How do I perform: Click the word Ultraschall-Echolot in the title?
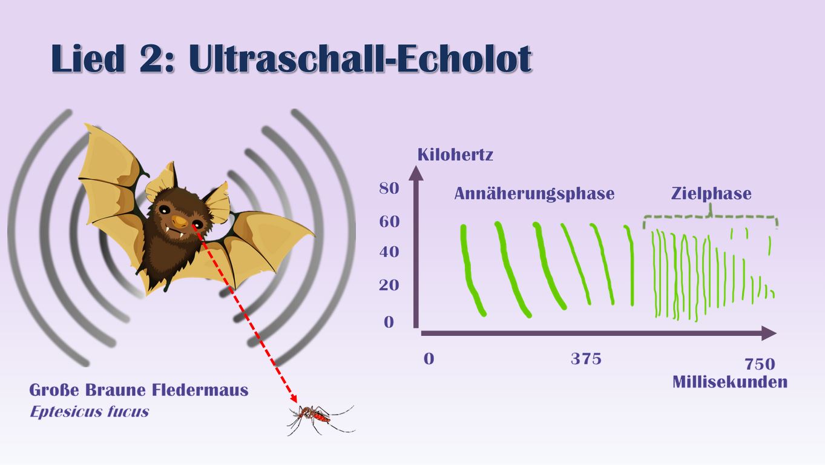360,59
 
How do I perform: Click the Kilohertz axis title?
455,155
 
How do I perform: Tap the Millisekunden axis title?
730,382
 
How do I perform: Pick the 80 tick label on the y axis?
389,189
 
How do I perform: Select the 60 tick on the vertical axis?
389,222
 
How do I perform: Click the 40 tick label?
389,252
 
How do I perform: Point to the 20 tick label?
389,285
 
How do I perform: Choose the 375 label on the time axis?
586,360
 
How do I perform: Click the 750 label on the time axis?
760,364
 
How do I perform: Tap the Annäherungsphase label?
534,194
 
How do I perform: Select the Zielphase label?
711,194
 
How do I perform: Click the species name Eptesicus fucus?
89,412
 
